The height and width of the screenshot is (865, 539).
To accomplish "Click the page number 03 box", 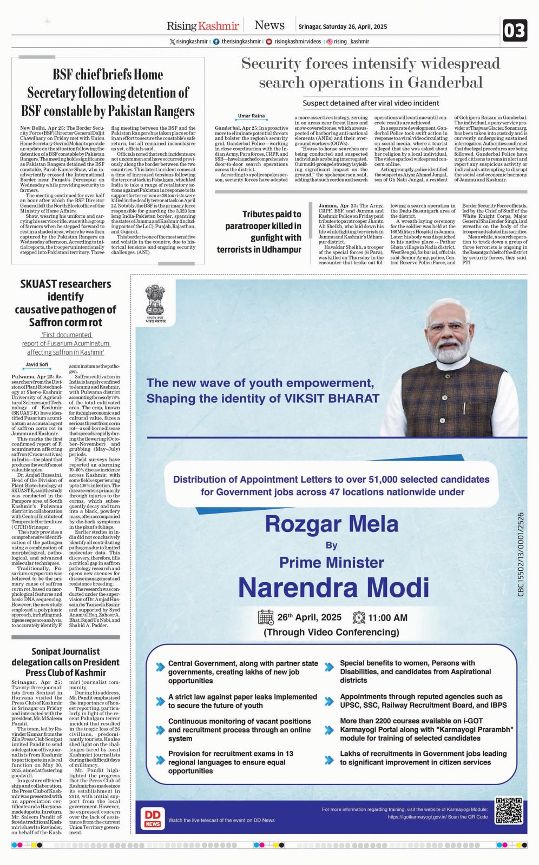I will point(514,31).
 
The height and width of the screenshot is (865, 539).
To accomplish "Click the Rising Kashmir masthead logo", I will point(202,25).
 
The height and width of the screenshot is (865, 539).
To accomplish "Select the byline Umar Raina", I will point(252,116).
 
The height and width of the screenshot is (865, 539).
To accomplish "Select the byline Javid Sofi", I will point(37,364).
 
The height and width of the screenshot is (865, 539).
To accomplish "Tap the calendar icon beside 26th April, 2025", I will point(266,617).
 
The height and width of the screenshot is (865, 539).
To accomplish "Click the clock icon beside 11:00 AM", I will point(359,617).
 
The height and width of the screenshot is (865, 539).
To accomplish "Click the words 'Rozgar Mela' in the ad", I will point(331,524).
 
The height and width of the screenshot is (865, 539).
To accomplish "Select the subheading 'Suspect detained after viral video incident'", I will point(371,103).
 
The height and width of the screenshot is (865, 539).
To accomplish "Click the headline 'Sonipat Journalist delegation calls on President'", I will point(65,662).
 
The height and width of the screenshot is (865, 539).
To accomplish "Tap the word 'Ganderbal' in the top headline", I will point(445,83).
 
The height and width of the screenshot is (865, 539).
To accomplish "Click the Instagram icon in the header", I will point(329,42).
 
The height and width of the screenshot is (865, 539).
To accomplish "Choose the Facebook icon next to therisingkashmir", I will point(216,42).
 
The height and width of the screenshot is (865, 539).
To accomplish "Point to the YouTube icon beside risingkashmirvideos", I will point(269,42).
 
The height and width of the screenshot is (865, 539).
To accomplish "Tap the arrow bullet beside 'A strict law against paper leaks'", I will point(160,701).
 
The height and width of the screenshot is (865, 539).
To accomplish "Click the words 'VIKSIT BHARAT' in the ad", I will point(332,398).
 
